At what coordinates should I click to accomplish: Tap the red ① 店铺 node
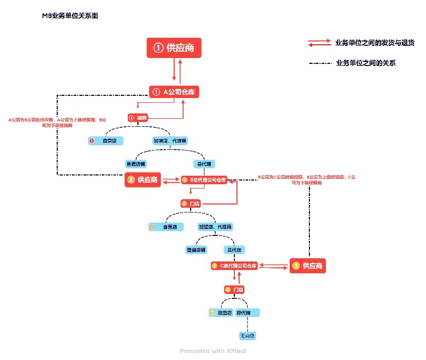[138, 117]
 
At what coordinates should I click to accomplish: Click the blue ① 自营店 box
[106, 141]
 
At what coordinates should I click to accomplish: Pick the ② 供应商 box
[143, 180]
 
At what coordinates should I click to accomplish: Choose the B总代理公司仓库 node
[204, 180]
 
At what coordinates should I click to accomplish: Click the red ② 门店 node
[191, 203]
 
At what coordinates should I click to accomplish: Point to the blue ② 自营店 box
[166, 227]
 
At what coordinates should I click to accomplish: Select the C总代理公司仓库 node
[234, 265]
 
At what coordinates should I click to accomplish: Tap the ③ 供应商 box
[308, 265]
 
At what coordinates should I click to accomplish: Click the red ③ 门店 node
[234, 290]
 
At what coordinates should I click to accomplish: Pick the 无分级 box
[248, 336]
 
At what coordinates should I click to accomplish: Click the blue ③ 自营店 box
[221, 313]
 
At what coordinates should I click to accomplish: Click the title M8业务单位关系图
[70, 16]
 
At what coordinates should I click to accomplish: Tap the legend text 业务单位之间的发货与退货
[367, 42]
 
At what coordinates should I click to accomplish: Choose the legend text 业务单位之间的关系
[366, 63]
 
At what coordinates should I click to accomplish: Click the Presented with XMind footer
[212, 351]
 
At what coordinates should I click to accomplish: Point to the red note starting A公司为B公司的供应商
[57, 122]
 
